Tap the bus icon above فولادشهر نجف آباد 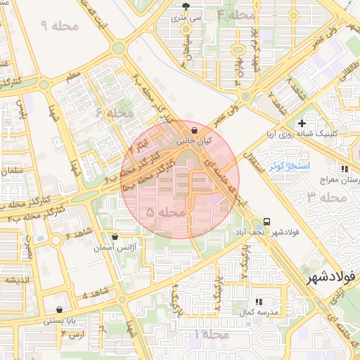(x=266, y=221)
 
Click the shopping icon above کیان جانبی (x=193, y=130)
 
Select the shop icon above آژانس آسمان (x=115, y=237)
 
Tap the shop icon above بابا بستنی (x=59, y=309)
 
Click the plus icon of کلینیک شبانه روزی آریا (x=302, y=123)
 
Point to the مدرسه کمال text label (x=260, y=311)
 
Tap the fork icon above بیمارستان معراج (x=345, y=169)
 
